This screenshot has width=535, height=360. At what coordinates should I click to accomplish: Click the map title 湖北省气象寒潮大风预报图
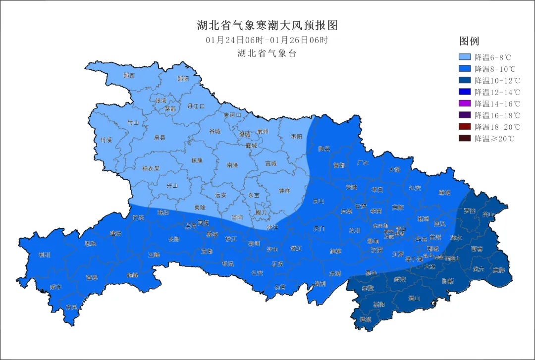click(267, 25)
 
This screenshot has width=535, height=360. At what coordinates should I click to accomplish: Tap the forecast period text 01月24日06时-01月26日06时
click(267, 40)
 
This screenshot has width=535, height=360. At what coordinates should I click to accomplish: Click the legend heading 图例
click(469, 41)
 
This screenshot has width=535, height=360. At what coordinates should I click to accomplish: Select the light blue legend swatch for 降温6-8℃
click(465, 57)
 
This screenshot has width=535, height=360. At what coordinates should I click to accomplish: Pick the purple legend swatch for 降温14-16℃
click(465, 103)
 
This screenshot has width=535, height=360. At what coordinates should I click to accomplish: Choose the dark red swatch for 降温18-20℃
click(465, 127)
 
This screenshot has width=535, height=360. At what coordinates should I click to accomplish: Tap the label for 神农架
click(151, 168)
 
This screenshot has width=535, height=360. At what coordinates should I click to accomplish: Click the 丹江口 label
click(196, 106)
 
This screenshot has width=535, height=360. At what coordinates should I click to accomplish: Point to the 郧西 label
click(129, 76)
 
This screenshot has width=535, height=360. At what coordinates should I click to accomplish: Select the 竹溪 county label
click(106, 140)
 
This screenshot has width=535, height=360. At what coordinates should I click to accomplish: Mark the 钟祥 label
click(284, 191)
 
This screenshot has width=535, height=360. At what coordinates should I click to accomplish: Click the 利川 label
click(45, 256)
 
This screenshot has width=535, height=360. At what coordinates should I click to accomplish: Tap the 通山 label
click(414, 299)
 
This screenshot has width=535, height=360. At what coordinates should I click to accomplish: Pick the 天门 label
click(320, 229)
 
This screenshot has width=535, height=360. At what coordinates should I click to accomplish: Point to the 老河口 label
click(232, 115)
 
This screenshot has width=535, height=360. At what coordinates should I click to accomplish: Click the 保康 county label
click(197, 160)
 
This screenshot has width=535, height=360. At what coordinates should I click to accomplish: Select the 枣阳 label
click(296, 137)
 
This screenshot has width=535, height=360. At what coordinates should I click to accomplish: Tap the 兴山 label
click(171, 186)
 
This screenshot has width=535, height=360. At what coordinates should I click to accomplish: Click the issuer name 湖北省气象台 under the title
click(267, 53)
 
